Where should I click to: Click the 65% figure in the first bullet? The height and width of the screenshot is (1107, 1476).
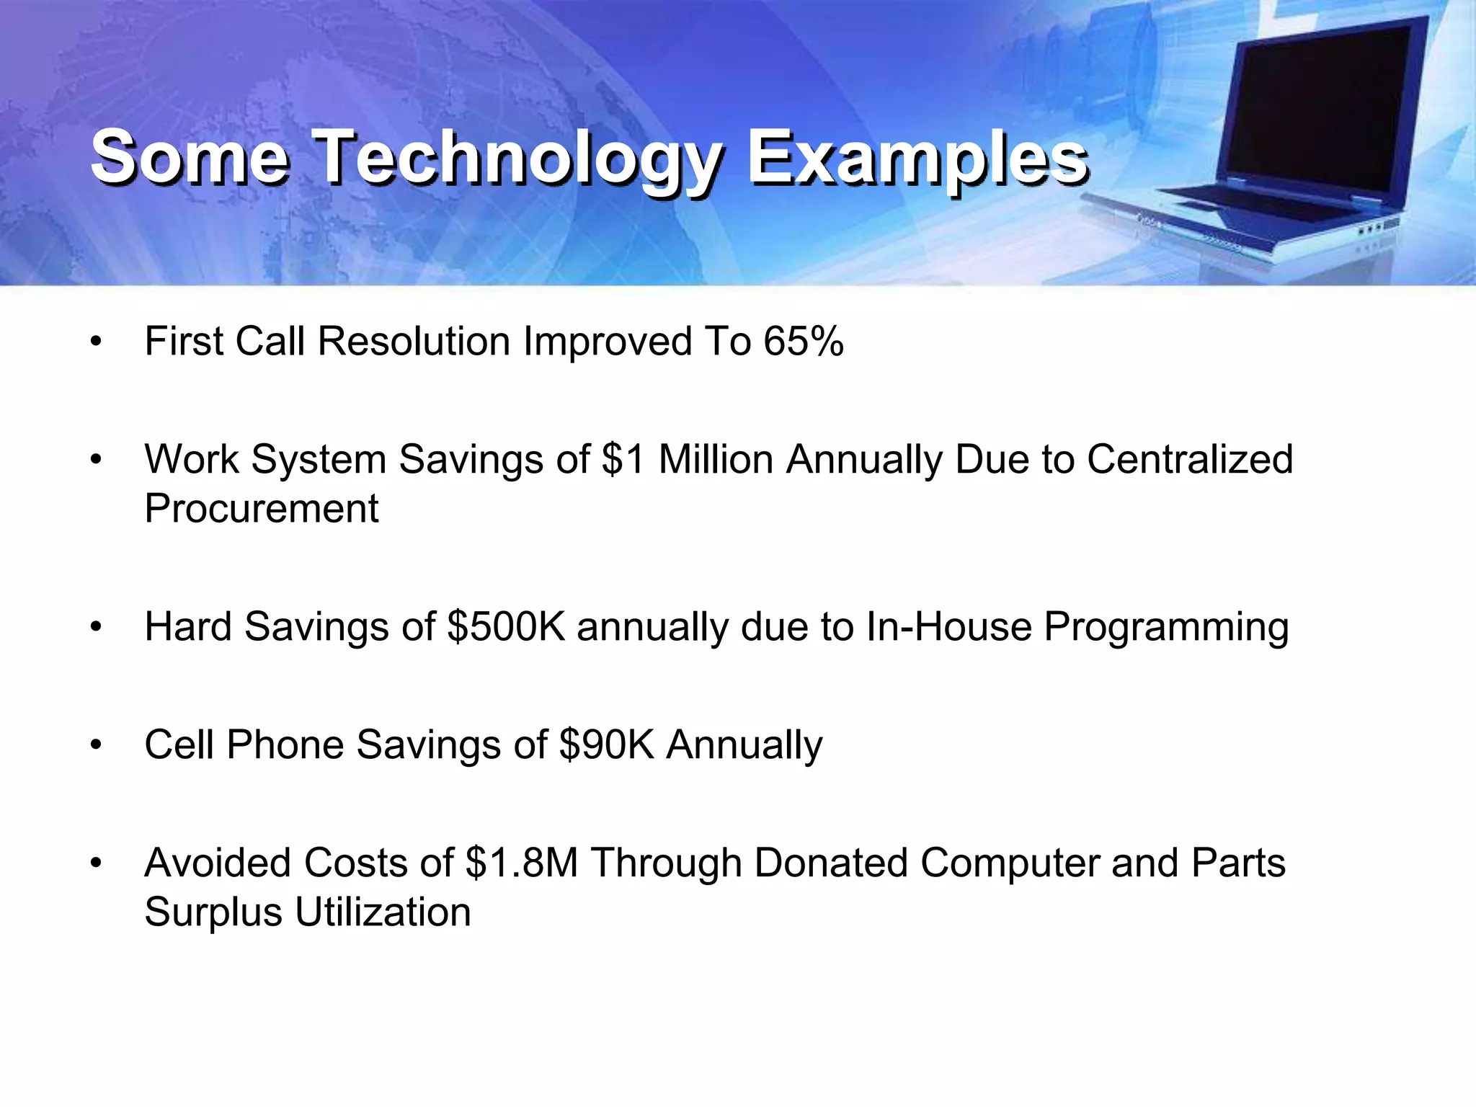(804, 341)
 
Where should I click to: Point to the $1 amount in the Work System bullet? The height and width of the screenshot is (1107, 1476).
(623, 459)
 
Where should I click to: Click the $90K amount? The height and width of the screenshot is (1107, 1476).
(606, 744)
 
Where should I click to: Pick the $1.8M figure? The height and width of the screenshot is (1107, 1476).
(522, 863)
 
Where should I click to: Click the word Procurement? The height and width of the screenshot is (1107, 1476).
(261, 509)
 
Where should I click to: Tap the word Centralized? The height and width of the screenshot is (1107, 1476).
(1190, 459)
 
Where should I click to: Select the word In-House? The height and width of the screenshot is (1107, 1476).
(949, 626)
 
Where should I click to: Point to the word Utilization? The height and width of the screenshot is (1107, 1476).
(383, 912)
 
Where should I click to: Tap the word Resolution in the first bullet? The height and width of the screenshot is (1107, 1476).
(414, 341)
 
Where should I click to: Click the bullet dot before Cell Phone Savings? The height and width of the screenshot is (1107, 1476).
(97, 744)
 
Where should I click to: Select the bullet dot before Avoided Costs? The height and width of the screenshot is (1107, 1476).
(97, 863)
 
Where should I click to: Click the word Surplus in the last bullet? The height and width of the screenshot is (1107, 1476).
(213, 912)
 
